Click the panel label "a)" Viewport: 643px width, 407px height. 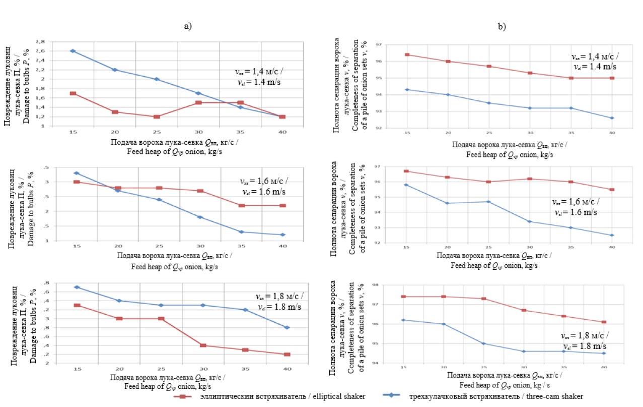point(188,26)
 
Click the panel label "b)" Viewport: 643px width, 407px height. point(502,26)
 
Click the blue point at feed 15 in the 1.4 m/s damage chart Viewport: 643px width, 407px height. point(73,51)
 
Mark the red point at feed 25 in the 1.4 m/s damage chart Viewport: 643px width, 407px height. point(157,117)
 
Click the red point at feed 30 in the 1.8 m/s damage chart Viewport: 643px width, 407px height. point(203,345)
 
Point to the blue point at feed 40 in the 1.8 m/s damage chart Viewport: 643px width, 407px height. point(287,327)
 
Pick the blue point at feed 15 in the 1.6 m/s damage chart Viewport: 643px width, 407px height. point(77,173)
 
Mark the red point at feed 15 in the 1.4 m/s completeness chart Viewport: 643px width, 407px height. point(406,54)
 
